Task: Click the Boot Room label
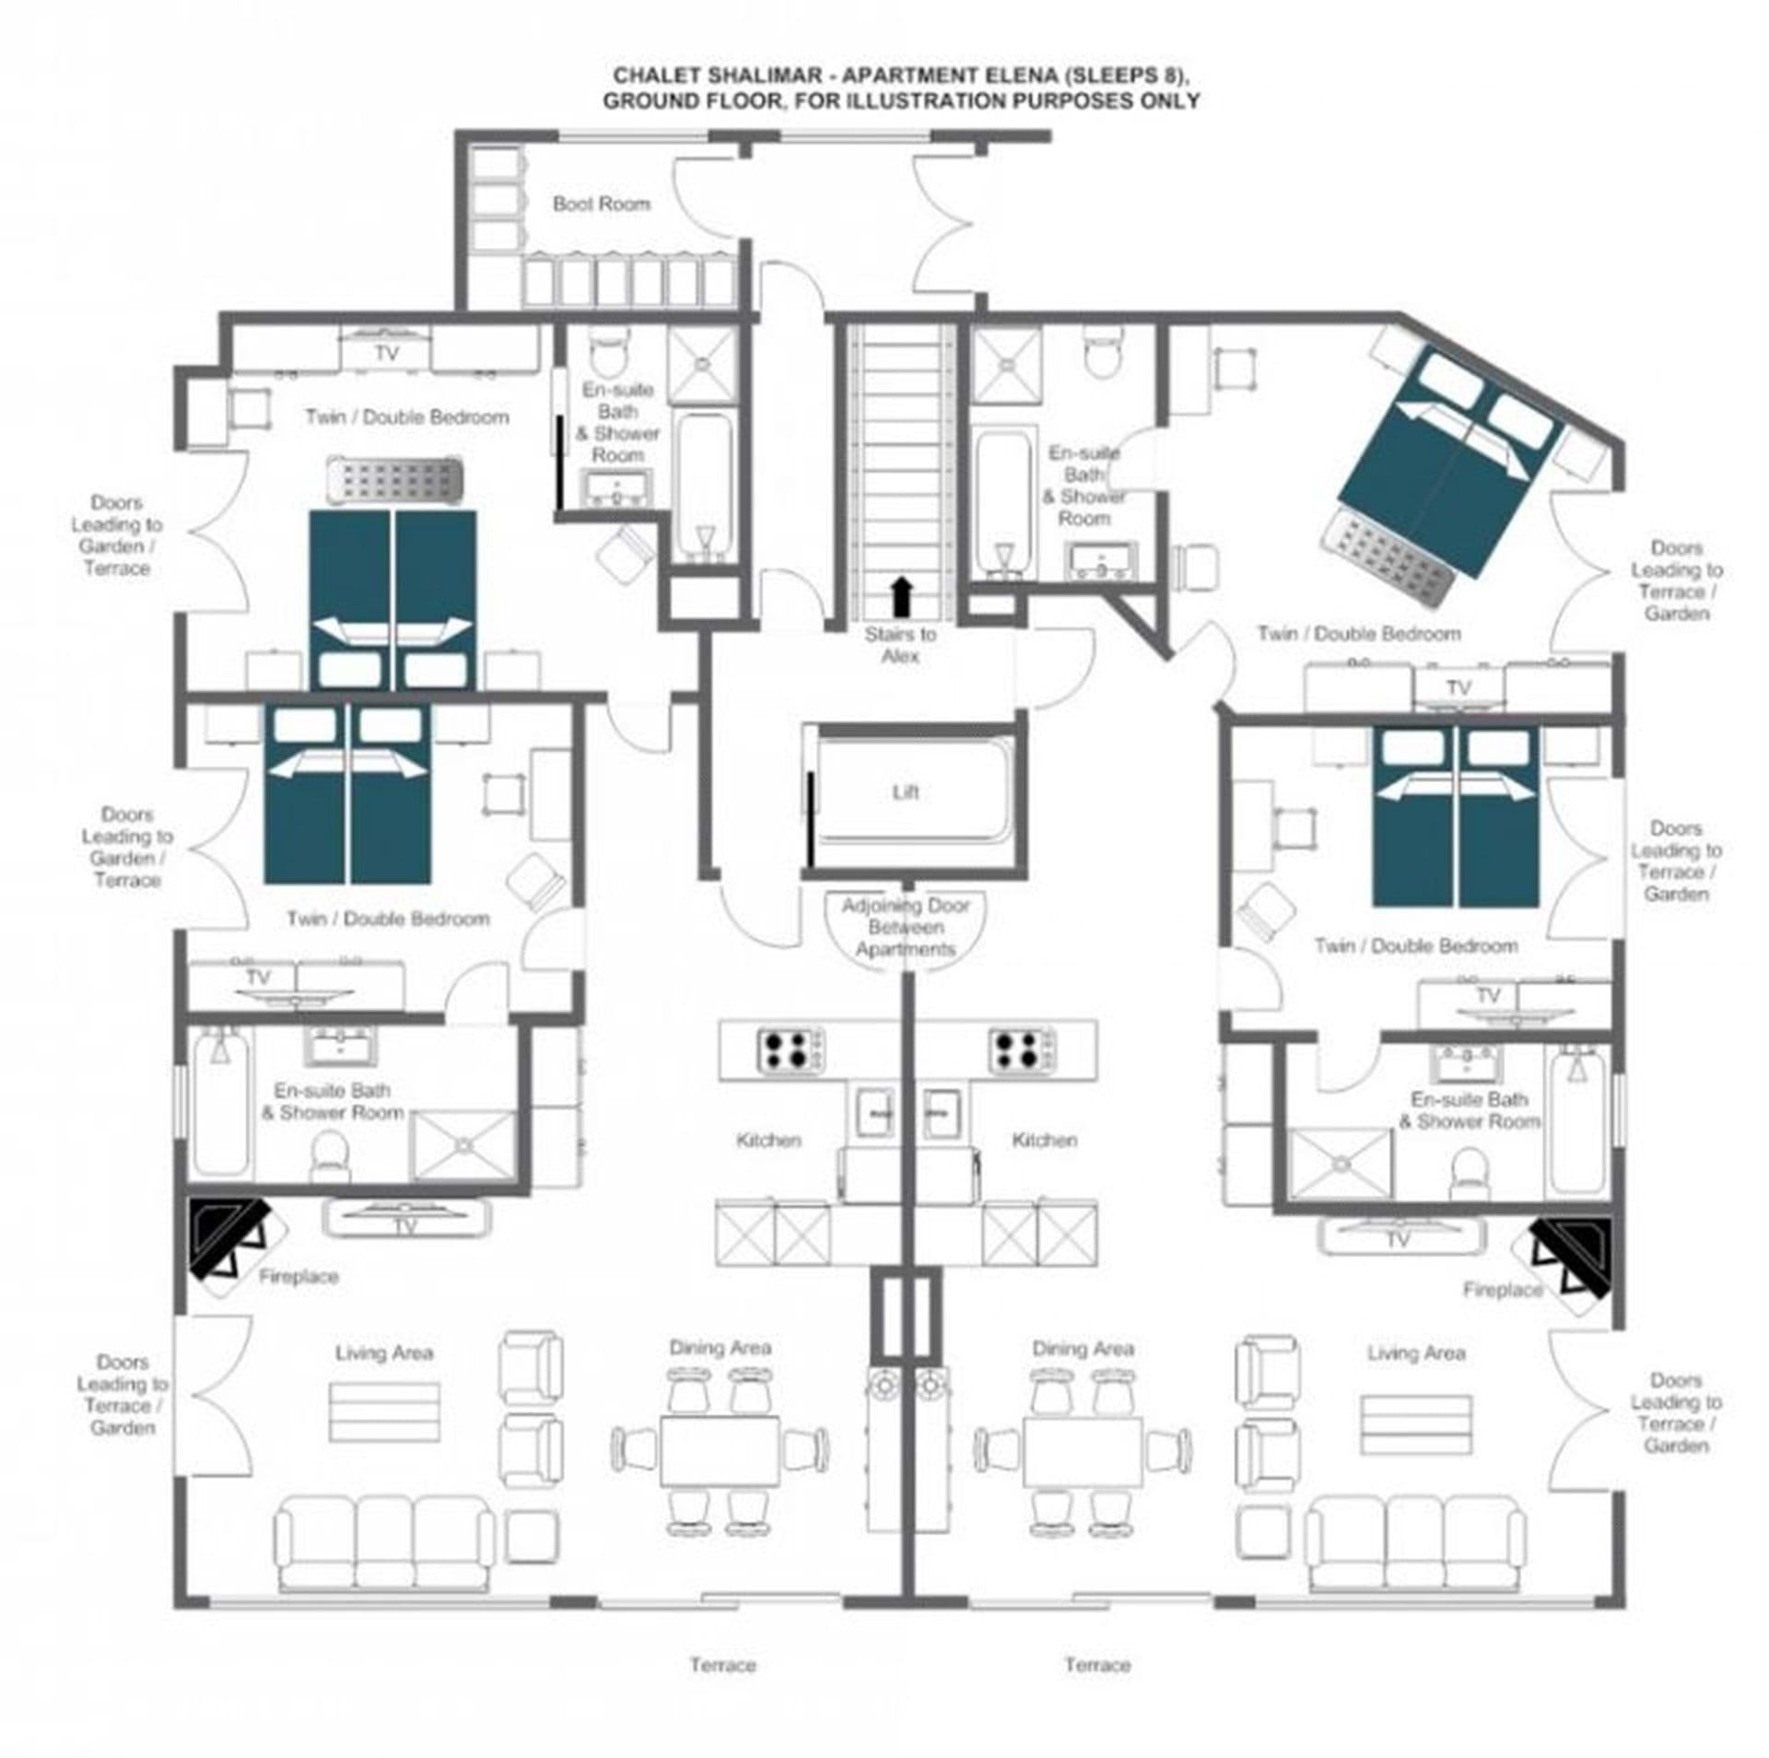coord(601,204)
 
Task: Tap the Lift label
coord(905,791)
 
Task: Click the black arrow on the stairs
coord(902,596)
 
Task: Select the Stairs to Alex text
coord(900,645)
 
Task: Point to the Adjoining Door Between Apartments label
coord(905,927)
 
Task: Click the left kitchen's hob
coord(791,1049)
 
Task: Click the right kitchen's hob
coord(1023,1049)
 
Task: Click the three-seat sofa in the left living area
coord(383,1543)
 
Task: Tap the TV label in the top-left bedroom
coord(387,353)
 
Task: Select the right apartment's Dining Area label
coord(1083,1349)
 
